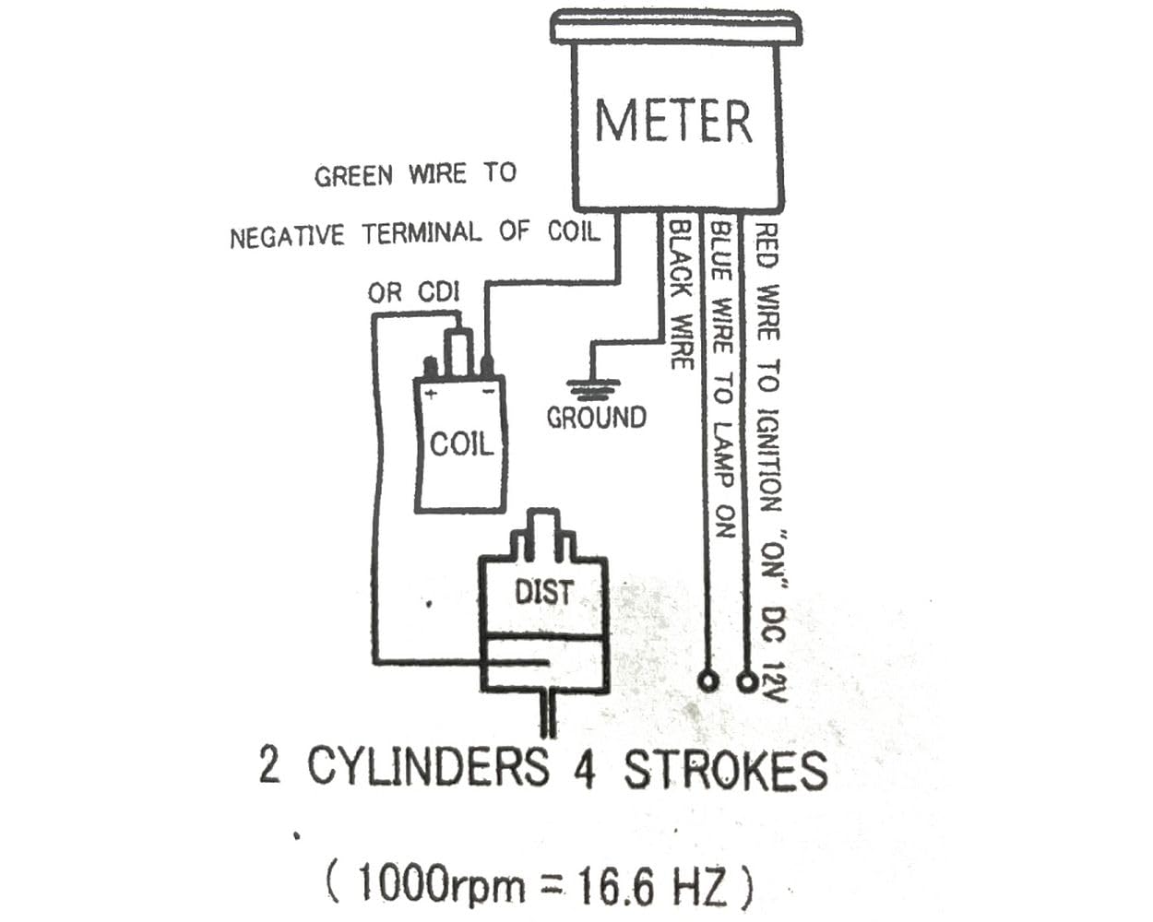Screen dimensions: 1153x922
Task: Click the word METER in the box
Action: point(673,121)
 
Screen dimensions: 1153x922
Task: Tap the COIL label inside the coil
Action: point(461,444)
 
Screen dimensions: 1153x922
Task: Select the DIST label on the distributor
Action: point(544,592)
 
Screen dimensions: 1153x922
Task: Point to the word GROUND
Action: point(596,418)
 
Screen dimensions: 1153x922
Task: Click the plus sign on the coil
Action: point(431,395)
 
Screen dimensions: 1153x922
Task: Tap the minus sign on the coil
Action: point(488,393)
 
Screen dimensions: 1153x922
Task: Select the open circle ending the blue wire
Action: point(707,681)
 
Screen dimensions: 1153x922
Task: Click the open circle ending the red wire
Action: point(747,682)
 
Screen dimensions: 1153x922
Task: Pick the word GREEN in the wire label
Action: point(353,176)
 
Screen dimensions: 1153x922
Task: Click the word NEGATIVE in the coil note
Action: point(287,236)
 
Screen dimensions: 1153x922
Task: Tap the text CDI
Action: point(439,292)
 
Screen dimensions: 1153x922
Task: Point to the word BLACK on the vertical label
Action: point(682,260)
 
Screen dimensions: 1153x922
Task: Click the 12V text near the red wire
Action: point(774,681)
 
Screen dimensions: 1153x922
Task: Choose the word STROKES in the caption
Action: point(726,771)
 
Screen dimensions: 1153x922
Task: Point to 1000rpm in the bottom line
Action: point(440,882)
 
